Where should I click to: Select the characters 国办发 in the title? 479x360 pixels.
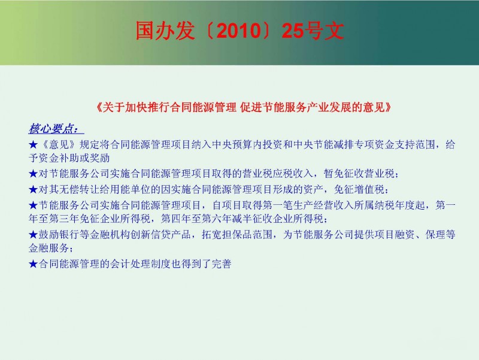pyautogui.click(x=165, y=31)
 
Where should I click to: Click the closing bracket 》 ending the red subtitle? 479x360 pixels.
pyautogui.click(x=388, y=108)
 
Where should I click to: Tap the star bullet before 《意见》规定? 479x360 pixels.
pyautogui.click(x=33, y=144)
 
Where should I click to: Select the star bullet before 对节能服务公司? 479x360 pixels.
pyautogui.click(x=33, y=174)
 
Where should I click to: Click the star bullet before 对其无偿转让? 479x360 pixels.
pyautogui.click(x=33, y=190)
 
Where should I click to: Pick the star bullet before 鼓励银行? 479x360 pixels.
pyautogui.click(x=33, y=235)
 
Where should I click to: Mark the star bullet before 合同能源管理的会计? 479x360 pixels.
pyautogui.click(x=33, y=264)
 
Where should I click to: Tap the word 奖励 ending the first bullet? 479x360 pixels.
pyautogui.click(x=99, y=158)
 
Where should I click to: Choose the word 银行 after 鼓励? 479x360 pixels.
pyautogui.click(x=69, y=235)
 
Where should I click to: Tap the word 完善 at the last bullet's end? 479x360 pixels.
pyautogui.click(x=222, y=264)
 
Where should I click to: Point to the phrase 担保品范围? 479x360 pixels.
pyautogui.click(x=247, y=235)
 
